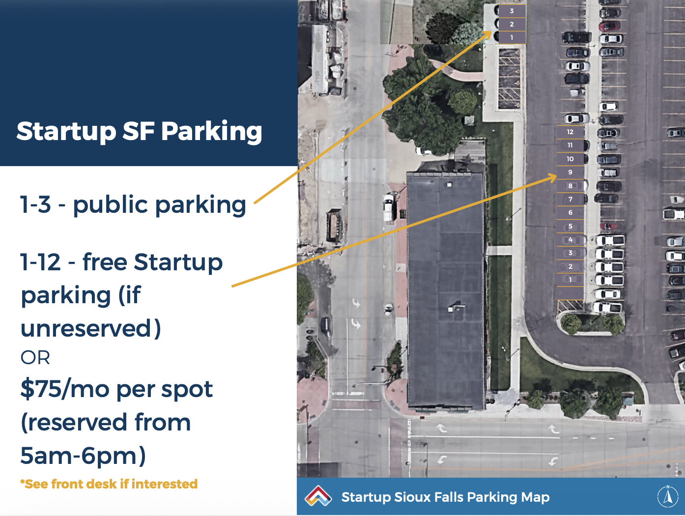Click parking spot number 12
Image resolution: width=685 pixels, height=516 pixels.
[x=570, y=132]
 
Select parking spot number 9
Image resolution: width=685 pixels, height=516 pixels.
[x=570, y=172]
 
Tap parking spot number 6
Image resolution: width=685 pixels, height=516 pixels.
[x=570, y=212]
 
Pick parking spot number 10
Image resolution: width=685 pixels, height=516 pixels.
[x=570, y=159]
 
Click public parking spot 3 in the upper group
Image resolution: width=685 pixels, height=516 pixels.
[x=512, y=11]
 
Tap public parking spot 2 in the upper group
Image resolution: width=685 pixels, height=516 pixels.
[x=512, y=25]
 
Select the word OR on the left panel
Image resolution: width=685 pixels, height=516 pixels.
[x=35, y=358]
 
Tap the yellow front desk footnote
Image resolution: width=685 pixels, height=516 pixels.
[x=109, y=484]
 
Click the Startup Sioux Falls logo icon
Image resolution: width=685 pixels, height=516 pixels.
[x=318, y=496]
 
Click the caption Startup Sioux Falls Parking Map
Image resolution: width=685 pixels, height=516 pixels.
[x=445, y=497]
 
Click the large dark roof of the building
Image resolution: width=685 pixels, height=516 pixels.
[x=446, y=290]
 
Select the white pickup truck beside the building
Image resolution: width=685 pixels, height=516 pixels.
[x=389, y=207]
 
